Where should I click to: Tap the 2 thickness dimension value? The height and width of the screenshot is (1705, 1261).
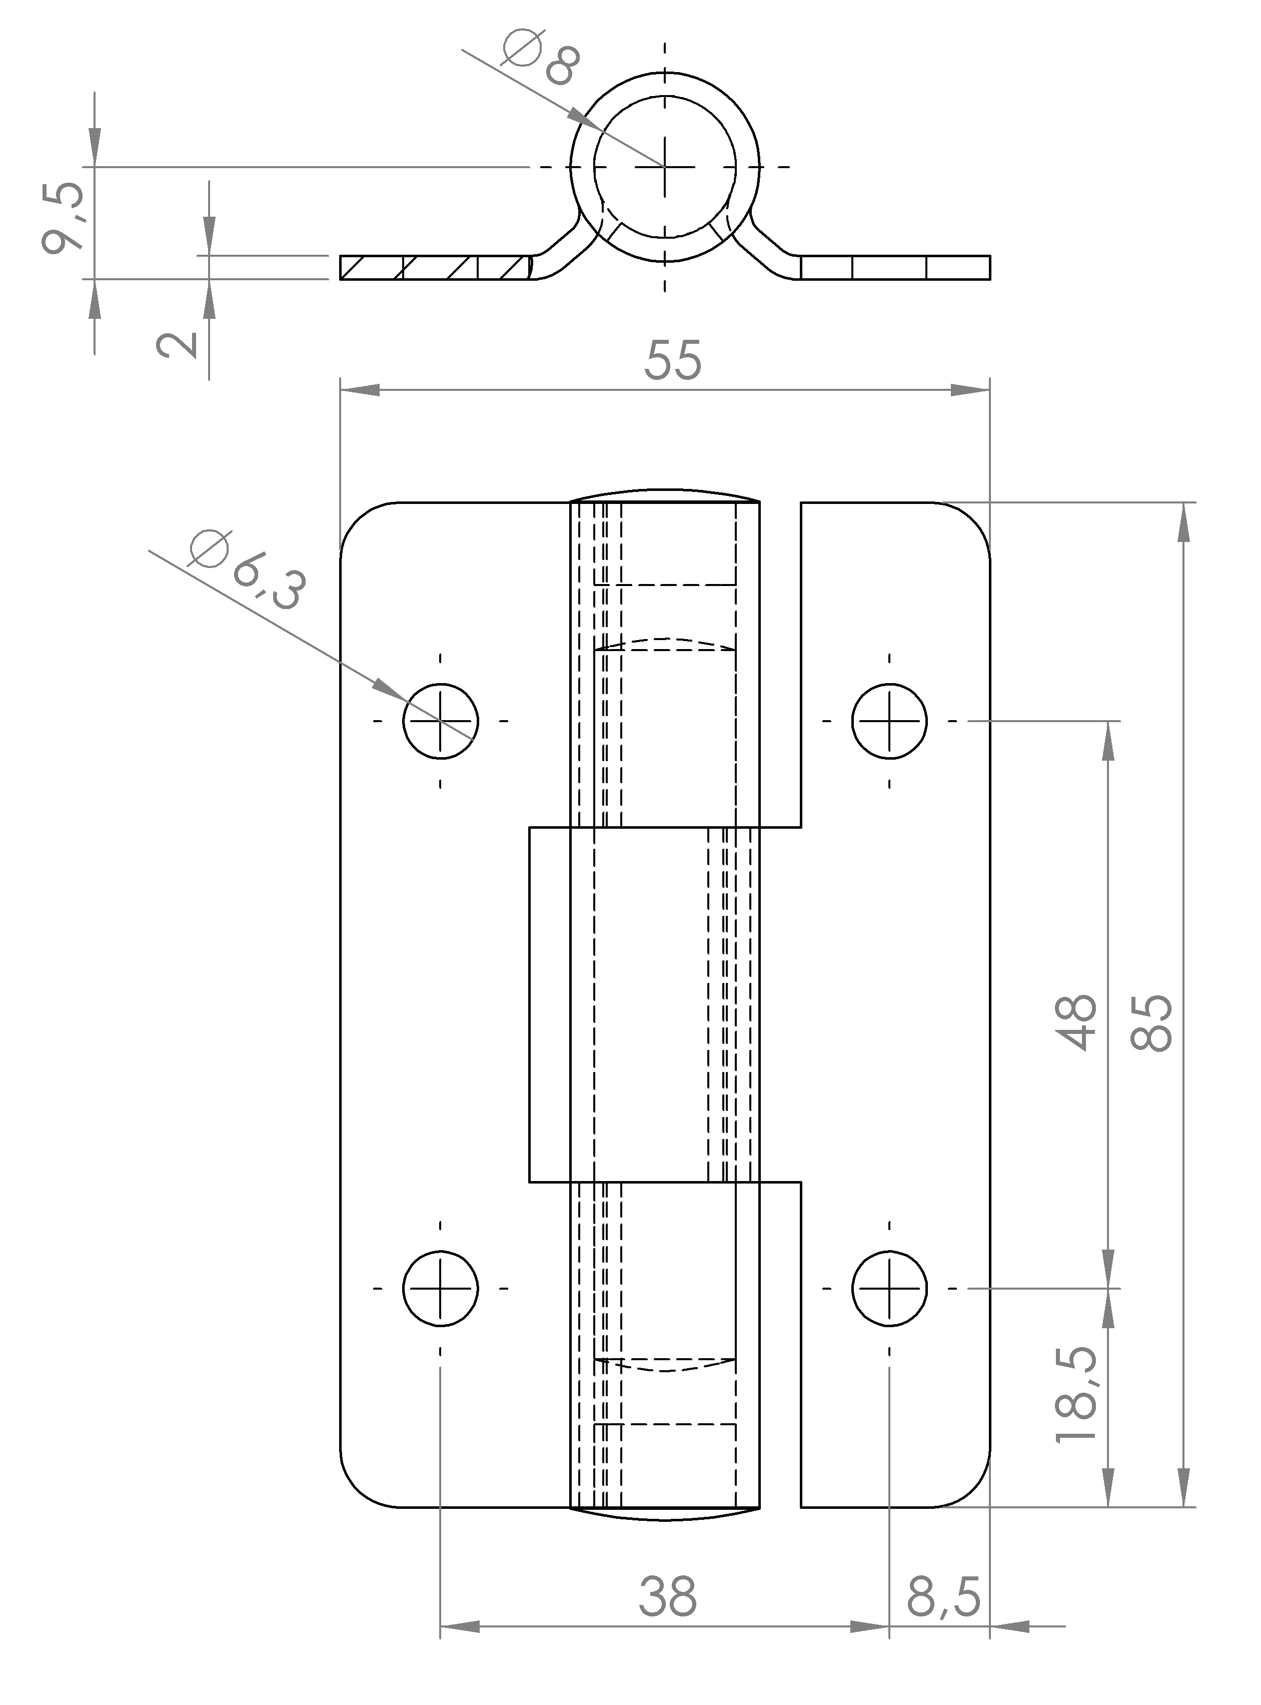click(177, 344)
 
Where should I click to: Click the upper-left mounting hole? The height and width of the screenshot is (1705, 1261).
click(441, 721)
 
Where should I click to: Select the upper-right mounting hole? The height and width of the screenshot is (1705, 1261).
click(889, 721)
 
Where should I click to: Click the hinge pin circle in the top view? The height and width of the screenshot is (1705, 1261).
click(665, 167)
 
